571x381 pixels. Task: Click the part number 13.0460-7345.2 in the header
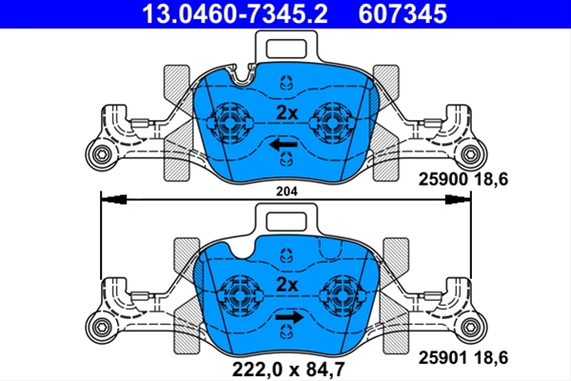[x=235, y=14]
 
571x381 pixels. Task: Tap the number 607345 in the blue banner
[x=403, y=14]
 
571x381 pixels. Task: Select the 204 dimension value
[x=286, y=191]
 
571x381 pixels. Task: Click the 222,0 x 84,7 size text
[x=288, y=369]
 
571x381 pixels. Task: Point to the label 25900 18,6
[x=463, y=179]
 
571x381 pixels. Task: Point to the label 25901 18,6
[x=463, y=358]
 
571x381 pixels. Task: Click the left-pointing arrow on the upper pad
[x=284, y=145]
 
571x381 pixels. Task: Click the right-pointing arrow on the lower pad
[x=289, y=317]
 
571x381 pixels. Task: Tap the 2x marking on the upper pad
[x=287, y=112]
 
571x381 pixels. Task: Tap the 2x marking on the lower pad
[x=287, y=285]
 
